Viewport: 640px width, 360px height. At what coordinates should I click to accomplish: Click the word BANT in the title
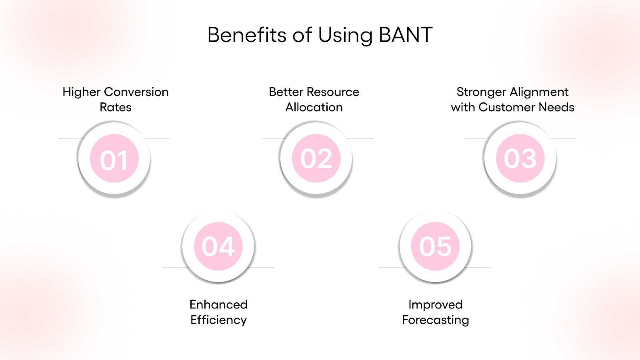click(x=405, y=35)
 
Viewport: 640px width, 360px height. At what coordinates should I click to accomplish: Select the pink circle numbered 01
click(x=114, y=159)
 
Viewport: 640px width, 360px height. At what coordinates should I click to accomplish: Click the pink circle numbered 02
click(x=316, y=158)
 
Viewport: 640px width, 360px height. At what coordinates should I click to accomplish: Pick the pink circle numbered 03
click(x=520, y=158)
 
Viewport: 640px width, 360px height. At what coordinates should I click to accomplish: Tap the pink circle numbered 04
click(x=218, y=246)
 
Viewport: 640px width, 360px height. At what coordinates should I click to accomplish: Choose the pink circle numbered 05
click(x=436, y=246)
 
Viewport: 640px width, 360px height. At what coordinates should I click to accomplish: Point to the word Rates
click(x=116, y=107)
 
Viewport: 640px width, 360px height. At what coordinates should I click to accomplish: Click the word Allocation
click(x=314, y=107)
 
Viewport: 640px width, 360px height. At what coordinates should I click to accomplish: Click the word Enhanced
click(x=218, y=304)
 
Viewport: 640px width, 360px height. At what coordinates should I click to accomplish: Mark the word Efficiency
click(x=218, y=320)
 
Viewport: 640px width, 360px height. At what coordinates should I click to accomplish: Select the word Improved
click(x=436, y=305)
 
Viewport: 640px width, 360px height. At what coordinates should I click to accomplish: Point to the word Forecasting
click(x=436, y=320)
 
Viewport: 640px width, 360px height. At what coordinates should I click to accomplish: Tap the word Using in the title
click(x=345, y=36)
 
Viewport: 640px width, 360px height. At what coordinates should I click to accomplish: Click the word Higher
click(x=81, y=92)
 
